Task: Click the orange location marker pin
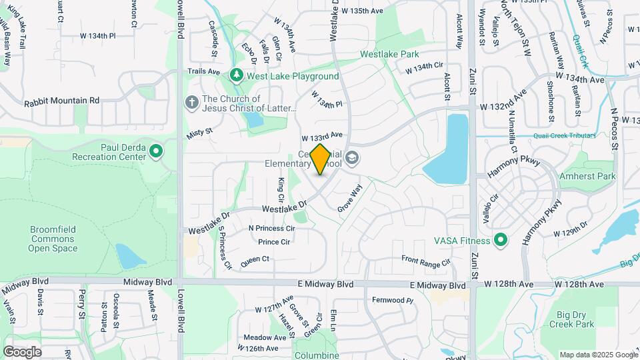(x=321, y=159)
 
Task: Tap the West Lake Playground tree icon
(x=236, y=75)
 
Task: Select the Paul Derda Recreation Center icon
(x=156, y=152)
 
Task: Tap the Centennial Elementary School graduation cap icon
(x=353, y=158)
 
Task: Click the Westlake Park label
(x=389, y=53)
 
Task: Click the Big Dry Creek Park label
(x=571, y=319)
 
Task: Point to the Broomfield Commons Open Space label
(x=53, y=239)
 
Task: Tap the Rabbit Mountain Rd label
(x=61, y=101)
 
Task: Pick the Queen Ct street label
(x=255, y=259)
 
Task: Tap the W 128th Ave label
(x=509, y=285)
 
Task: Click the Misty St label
(x=199, y=133)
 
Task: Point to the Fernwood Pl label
(x=393, y=300)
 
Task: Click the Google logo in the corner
(x=22, y=351)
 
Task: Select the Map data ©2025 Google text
(x=598, y=355)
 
